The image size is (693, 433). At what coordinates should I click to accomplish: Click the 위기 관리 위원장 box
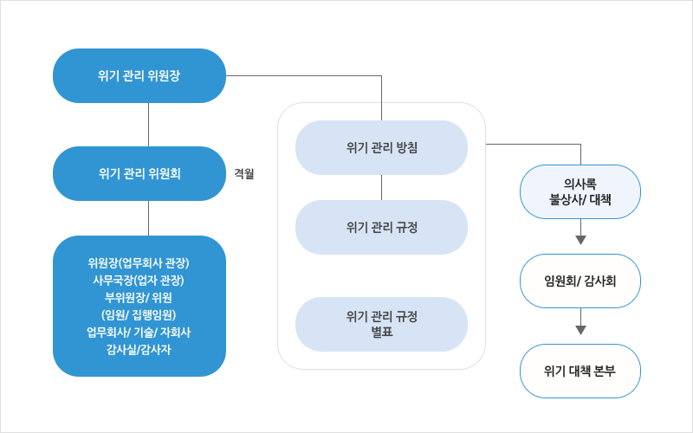pos(139,75)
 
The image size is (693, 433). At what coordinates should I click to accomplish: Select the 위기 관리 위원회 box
pos(139,173)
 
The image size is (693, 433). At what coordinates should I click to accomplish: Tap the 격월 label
pos(243,173)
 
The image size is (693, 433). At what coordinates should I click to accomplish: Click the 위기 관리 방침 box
pos(381,147)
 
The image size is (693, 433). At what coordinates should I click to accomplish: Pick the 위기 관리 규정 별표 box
pos(381,323)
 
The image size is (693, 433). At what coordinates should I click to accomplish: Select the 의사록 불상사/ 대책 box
pos(580,191)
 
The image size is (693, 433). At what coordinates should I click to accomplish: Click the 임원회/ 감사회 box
pos(580,281)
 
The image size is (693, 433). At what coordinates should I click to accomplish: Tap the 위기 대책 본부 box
pos(580,371)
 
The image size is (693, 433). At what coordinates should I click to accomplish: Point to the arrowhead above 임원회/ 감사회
pos(580,240)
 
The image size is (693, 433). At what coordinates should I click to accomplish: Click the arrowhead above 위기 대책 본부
pos(580,329)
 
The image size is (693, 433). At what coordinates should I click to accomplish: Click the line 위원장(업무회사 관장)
pos(139,262)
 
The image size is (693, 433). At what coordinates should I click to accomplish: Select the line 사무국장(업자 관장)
pos(139,280)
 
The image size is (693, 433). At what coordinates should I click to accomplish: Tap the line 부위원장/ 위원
pos(139,297)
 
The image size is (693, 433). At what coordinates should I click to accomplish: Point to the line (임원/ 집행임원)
pos(139,314)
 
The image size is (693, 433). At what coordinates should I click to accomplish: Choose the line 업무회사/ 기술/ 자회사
pos(139,332)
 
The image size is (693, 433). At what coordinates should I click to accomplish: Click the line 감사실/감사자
pos(139,349)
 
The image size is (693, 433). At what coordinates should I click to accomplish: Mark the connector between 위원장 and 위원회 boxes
pos(149,125)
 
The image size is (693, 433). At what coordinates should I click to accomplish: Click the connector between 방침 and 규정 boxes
pos(381,187)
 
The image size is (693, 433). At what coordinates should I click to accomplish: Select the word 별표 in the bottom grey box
pos(381,331)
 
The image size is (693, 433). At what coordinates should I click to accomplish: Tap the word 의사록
pos(580,184)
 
